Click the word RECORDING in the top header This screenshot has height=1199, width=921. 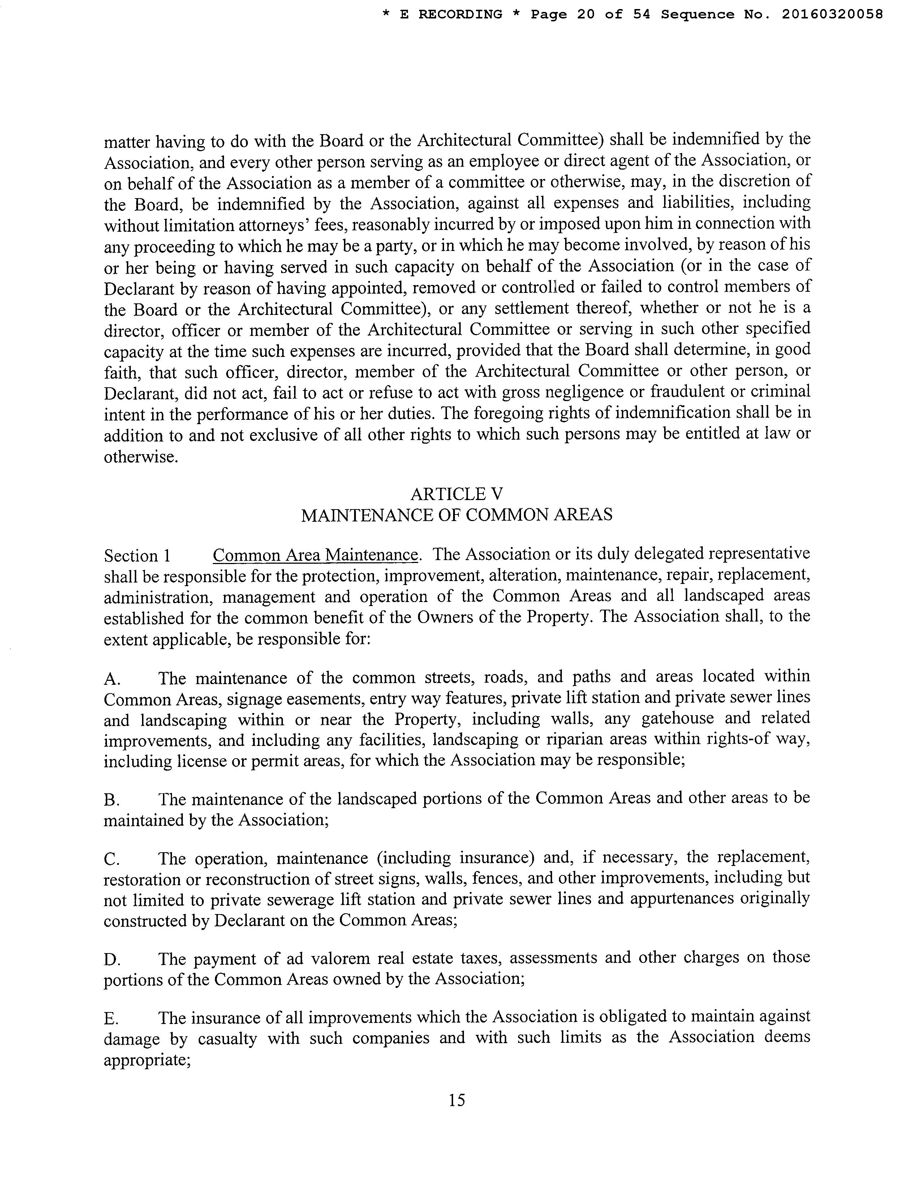[460, 14]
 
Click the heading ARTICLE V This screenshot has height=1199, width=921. [456, 494]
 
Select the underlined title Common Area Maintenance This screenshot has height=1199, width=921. [315, 555]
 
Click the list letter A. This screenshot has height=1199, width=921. [112, 679]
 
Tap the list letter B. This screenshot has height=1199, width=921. [111, 800]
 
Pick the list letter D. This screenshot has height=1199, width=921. [112, 960]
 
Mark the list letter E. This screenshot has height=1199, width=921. [111, 1019]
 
